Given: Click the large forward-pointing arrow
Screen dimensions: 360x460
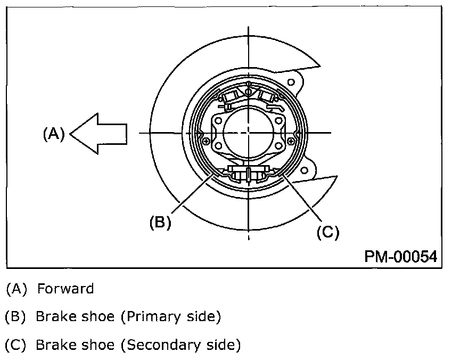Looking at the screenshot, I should click(x=98, y=134).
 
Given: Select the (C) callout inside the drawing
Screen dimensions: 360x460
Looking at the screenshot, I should click(x=327, y=232).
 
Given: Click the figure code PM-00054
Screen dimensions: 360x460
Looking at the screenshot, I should click(x=400, y=257).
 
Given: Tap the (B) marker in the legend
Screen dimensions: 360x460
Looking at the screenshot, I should click(x=15, y=317).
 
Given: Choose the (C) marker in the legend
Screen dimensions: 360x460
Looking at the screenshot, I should click(x=15, y=345).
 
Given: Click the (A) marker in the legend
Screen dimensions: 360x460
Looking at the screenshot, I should click(x=15, y=289).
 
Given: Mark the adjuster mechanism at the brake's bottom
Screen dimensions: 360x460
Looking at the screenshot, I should click(x=248, y=175).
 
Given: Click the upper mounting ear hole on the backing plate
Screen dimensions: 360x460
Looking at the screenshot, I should click(x=291, y=83).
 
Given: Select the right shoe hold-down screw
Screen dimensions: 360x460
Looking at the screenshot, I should click(x=291, y=141).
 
